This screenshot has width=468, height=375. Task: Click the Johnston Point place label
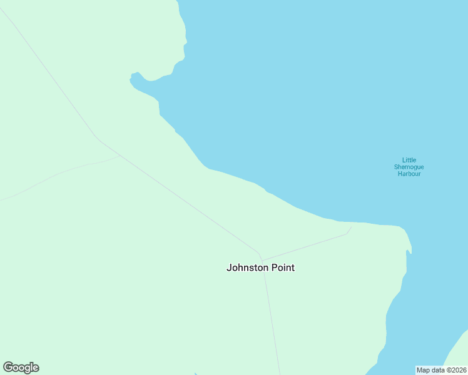coord(260,267)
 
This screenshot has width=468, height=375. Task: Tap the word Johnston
coord(247,267)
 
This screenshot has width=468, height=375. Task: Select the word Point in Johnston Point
coord(282,267)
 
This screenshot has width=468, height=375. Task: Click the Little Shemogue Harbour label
coord(409,167)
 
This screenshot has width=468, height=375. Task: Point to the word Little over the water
coord(409,160)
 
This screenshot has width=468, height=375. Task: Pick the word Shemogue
coord(409,167)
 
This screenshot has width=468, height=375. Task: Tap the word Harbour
coord(409,174)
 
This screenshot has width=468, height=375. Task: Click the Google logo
coord(21,367)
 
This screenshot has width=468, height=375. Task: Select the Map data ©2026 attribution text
coord(440,370)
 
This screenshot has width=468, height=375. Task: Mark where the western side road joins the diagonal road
coord(120,156)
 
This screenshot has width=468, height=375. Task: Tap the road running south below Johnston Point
coord(272,319)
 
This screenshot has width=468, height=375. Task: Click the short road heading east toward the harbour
coord(307,247)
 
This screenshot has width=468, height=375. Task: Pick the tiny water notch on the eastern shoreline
coord(409,252)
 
